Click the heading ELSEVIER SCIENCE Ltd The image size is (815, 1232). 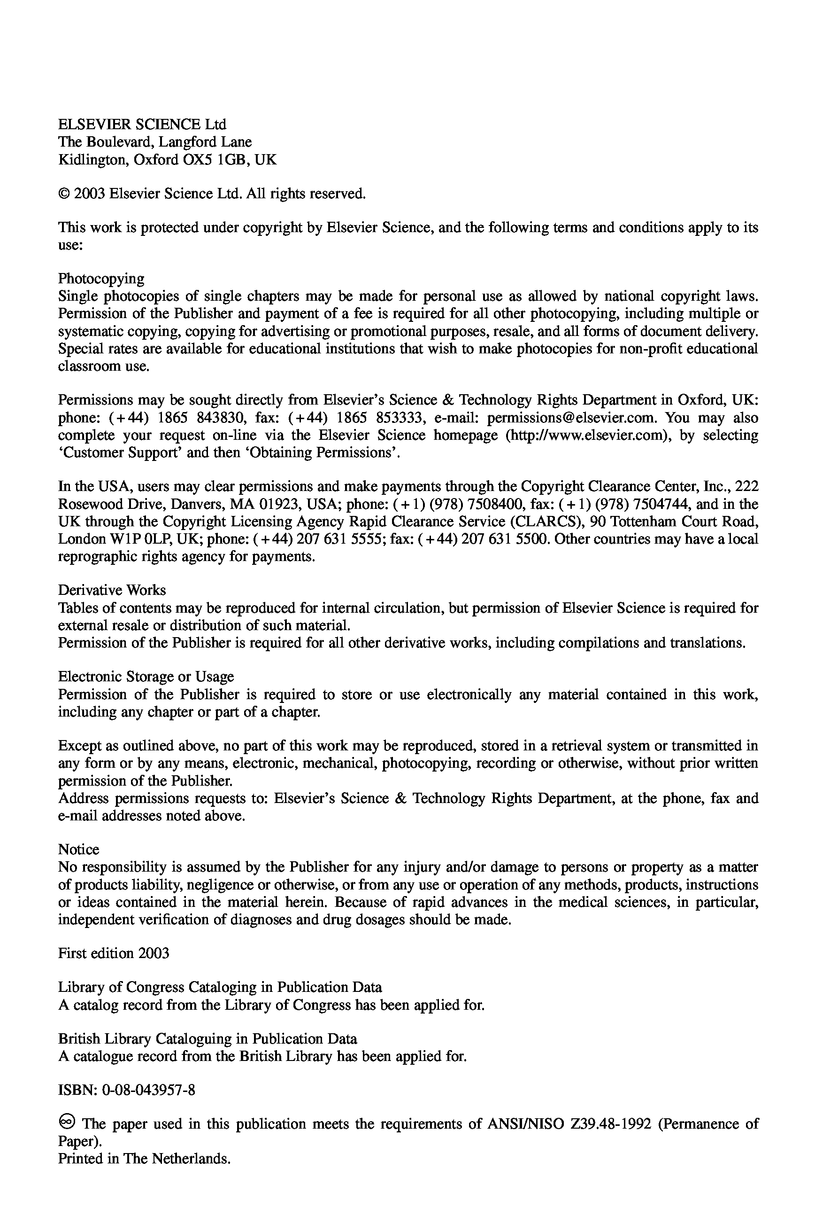pos(142,125)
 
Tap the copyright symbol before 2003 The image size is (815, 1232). pos(64,194)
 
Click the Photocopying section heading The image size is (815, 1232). pos(101,279)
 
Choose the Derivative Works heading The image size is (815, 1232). pos(112,590)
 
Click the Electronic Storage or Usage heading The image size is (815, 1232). pos(146,677)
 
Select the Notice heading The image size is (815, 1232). pos(78,849)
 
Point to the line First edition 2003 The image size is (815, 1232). pos(113,953)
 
